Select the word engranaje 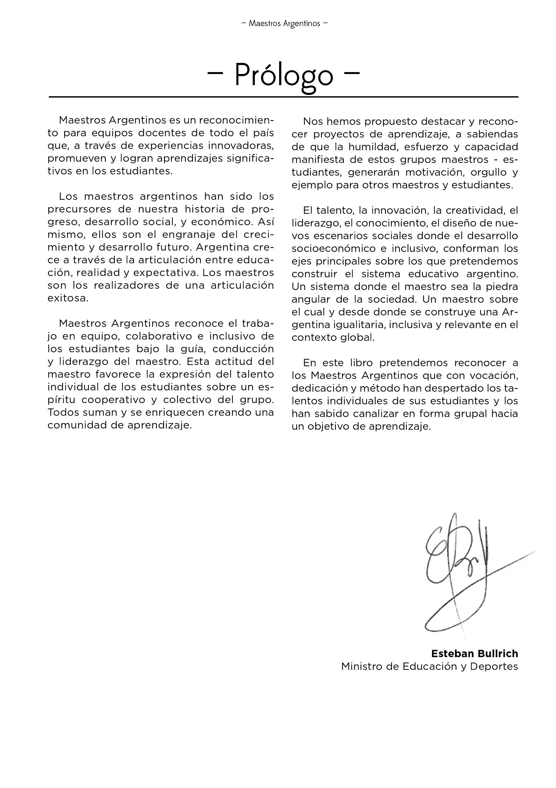(x=187, y=234)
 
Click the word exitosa (x=68, y=298)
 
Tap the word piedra (x=501, y=286)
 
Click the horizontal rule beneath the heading (x=284, y=97)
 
